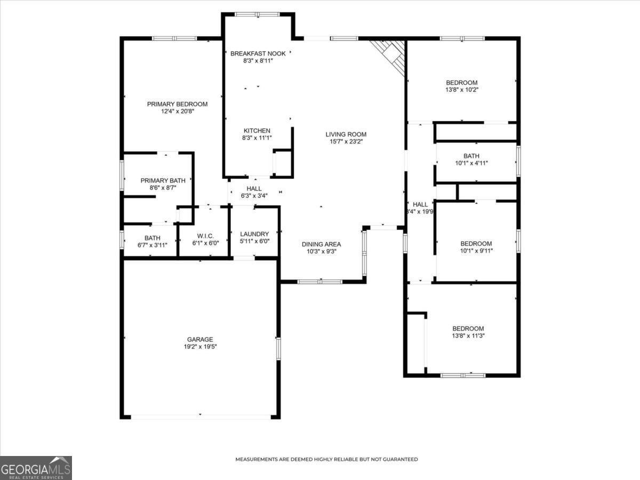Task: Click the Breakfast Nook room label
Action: click(x=258, y=53)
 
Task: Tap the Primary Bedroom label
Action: click(x=177, y=104)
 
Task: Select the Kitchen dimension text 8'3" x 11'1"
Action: click(x=257, y=138)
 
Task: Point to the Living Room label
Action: click(x=346, y=134)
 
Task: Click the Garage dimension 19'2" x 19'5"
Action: click(x=200, y=347)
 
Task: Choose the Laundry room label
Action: click(x=255, y=234)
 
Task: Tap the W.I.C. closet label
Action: click(x=205, y=235)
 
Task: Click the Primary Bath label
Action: click(x=163, y=181)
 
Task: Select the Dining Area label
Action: click(x=322, y=244)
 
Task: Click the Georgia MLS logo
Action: click(x=36, y=468)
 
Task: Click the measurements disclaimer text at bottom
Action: click(x=326, y=459)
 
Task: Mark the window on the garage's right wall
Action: click(x=278, y=348)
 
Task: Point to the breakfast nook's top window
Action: click(x=258, y=14)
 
